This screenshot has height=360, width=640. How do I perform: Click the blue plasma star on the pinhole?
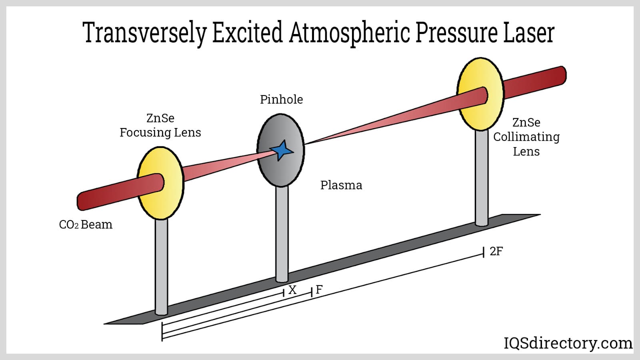point(282,150)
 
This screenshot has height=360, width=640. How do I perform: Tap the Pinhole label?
point(281,99)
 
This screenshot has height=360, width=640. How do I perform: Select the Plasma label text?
point(341,185)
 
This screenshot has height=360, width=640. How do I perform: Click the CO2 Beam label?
point(86,225)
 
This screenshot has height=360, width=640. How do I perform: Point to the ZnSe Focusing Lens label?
point(160,125)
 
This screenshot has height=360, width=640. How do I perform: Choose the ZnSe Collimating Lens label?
point(526,137)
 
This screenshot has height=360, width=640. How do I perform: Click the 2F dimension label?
point(496,251)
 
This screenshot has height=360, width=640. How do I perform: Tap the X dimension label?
point(292,290)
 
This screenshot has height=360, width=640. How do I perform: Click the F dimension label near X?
point(319,290)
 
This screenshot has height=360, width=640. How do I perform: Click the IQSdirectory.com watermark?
point(568,343)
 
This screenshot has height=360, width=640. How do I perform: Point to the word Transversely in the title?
point(144,33)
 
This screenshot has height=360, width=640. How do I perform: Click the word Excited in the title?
point(247,33)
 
